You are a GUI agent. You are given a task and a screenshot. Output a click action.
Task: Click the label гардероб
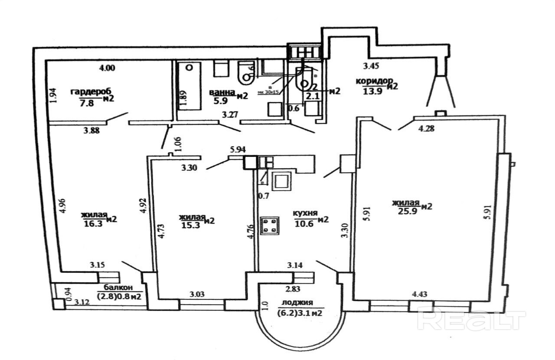(x=91, y=92)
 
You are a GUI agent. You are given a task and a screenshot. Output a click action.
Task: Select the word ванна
(x=222, y=92)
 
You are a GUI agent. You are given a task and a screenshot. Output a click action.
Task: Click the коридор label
(x=374, y=81)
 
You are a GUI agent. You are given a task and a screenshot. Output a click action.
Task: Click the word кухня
(x=305, y=214)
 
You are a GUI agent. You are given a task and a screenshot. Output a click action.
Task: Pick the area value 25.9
(x=407, y=211)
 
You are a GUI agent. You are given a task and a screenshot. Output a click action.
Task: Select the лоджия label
(x=297, y=303)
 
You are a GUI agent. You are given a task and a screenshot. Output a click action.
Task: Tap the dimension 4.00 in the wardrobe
(x=107, y=68)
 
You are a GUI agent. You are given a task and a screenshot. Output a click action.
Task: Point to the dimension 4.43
(x=419, y=295)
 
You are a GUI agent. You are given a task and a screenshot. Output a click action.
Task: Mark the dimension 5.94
(x=238, y=150)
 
